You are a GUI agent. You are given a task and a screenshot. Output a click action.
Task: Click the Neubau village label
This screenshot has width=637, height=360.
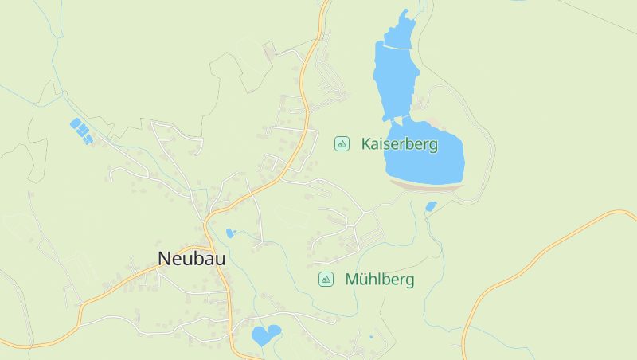[x=191, y=259]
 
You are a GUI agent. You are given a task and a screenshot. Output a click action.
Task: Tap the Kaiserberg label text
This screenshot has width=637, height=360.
[x=400, y=144]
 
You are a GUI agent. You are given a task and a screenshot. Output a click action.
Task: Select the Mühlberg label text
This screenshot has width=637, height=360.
[x=380, y=280]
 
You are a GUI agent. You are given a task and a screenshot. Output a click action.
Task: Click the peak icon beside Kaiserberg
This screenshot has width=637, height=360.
[x=342, y=143]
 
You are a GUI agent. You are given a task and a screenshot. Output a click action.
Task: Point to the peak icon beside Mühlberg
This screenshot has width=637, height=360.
[x=326, y=279]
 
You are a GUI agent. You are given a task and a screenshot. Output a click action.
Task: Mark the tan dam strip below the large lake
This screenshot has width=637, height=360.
[x=426, y=186]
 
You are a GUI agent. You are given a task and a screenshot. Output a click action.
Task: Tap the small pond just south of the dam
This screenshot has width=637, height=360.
[x=431, y=206]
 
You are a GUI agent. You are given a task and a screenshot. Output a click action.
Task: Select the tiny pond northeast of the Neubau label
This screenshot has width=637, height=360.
[x=230, y=233]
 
